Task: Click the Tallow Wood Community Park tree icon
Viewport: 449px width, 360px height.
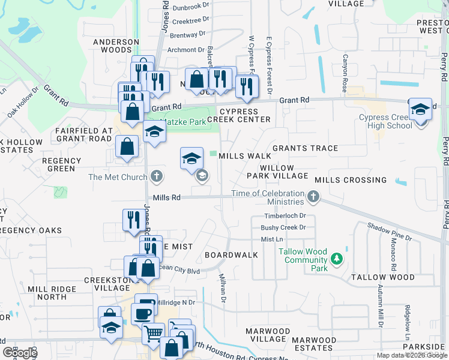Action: click(x=337, y=259)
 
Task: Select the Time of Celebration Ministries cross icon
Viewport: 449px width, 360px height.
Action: click(x=313, y=197)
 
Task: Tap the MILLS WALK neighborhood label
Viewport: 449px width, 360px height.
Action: click(x=241, y=156)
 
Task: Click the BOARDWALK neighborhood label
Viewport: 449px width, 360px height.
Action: click(x=231, y=255)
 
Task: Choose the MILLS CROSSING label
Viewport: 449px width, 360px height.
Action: click(x=351, y=180)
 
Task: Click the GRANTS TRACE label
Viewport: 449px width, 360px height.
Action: click(x=305, y=148)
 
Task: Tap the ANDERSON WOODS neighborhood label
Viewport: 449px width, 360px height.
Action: click(x=116, y=46)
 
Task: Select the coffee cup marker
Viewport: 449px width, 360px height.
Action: click(x=143, y=313)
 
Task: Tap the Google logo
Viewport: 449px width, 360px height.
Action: click(x=20, y=353)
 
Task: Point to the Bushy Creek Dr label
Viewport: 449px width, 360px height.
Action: click(x=283, y=227)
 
